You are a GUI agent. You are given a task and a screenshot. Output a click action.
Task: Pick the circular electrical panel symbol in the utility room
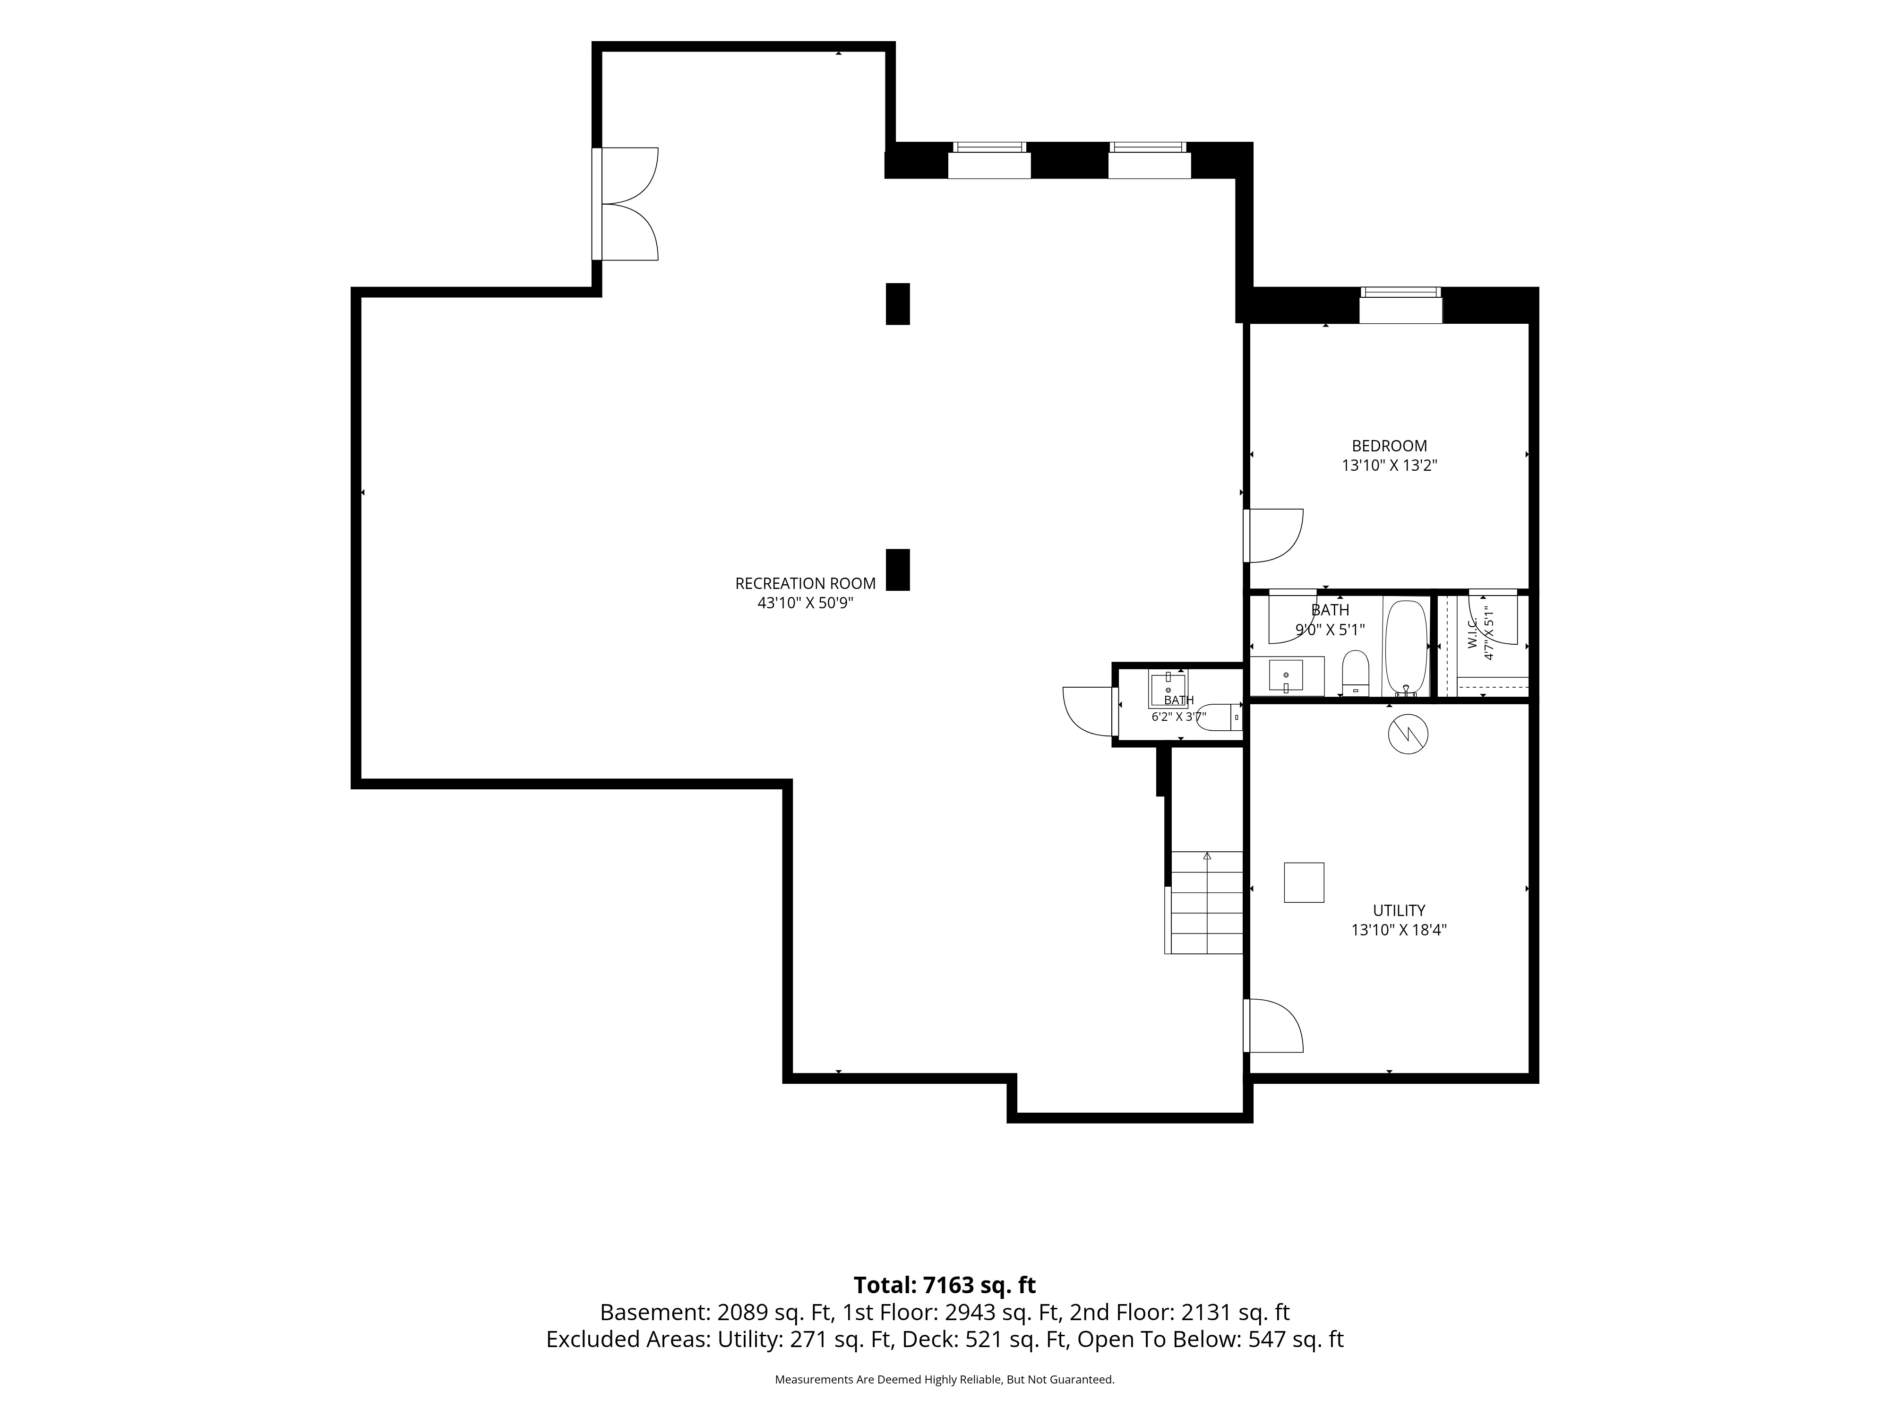click(x=1408, y=734)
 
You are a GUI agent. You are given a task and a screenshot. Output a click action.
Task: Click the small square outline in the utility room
click(x=1304, y=882)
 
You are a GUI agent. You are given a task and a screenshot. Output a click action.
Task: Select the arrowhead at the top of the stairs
click(x=1207, y=856)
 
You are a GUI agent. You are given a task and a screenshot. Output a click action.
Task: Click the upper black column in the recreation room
click(x=897, y=303)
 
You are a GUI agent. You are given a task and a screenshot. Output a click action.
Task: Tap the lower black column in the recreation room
click(x=897, y=569)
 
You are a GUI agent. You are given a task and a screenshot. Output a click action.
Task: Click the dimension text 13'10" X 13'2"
click(x=1389, y=466)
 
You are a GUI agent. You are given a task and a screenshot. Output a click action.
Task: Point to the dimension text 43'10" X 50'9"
click(x=805, y=603)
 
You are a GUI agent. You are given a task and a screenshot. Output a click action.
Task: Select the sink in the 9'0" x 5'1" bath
click(x=1287, y=676)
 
